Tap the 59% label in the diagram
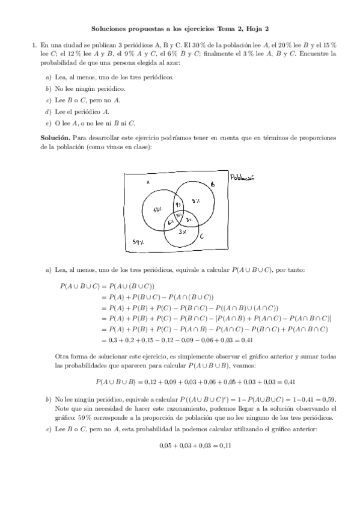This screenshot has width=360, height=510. click(x=138, y=242)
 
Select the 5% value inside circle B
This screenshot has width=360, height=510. click(x=196, y=201)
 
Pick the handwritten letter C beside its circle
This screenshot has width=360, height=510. click(x=201, y=237)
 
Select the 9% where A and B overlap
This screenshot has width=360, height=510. click(x=178, y=204)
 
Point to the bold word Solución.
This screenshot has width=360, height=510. click(x=54, y=138)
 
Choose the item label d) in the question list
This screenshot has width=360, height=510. click(x=48, y=112)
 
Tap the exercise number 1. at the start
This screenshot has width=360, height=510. click(x=33, y=45)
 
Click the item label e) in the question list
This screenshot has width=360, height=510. click(x=48, y=123)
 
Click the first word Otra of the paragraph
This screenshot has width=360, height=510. click(x=61, y=357)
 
